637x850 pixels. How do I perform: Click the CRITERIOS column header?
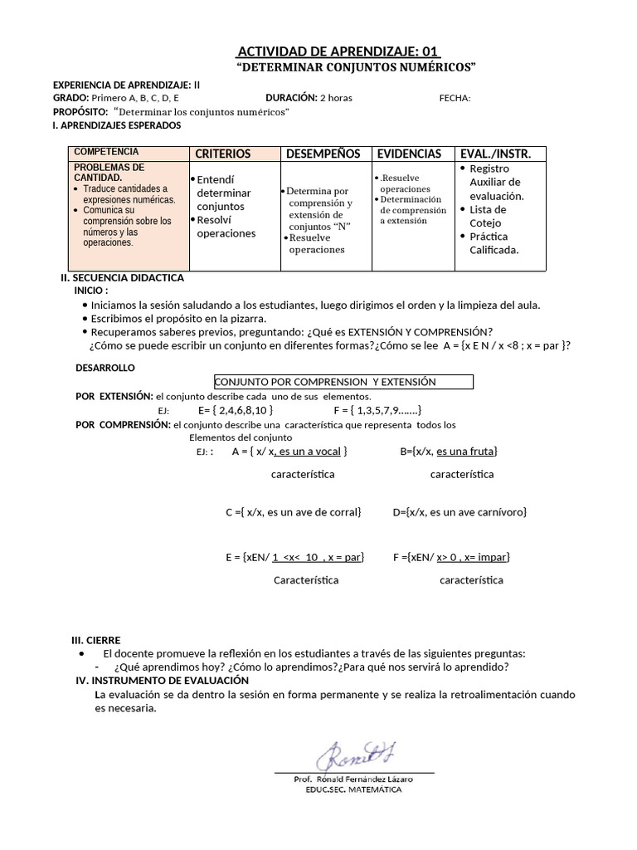point(222,154)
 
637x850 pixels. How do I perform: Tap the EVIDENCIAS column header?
point(409,154)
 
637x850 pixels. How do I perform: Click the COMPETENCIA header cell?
point(106,152)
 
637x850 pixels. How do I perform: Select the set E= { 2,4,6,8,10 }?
point(236,410)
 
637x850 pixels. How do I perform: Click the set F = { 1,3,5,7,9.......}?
point(378,410)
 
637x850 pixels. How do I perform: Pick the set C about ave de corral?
point(294,512)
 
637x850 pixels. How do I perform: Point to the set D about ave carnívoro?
point(460,512)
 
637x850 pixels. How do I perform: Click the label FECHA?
point(455,98)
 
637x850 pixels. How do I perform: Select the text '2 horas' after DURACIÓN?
point(336,98)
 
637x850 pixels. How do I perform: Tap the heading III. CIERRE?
point(96,640)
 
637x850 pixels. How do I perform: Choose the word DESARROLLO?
point(105,367)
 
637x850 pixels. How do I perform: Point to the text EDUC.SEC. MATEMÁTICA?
point(353,789)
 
